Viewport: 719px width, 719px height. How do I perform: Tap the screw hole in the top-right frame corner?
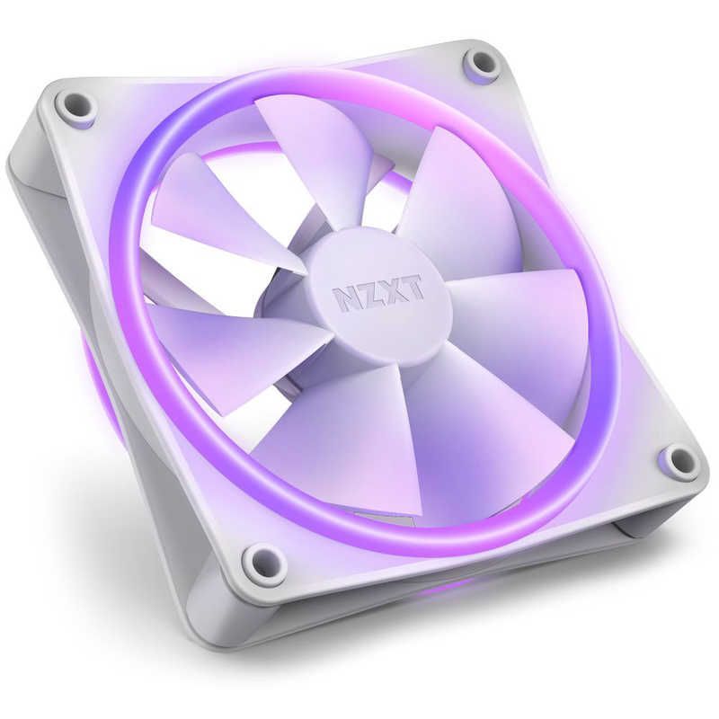tap(481, 63)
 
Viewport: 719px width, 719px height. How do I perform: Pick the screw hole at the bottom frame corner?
tap(264, 559)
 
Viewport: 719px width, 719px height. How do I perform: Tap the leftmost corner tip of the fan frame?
tap(11, 166)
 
